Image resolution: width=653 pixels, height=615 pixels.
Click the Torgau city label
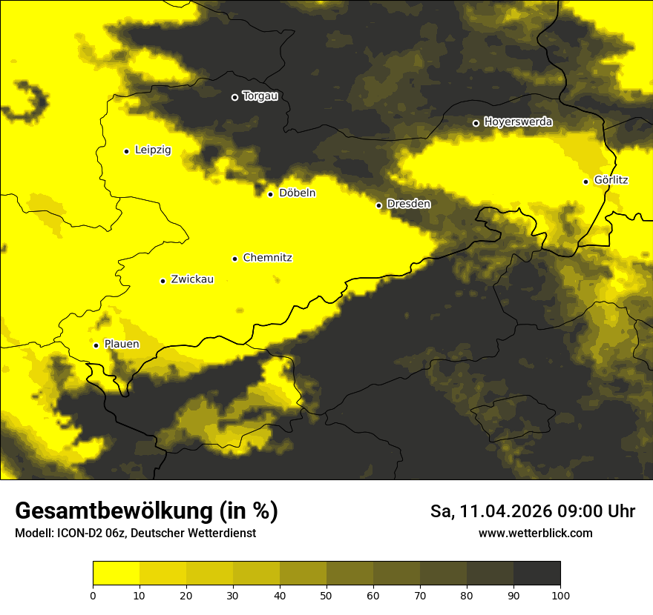(x=260, y=96)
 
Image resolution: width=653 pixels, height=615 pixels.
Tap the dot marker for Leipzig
(x=127, y=151)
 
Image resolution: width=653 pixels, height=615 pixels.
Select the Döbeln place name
(x=297, y=193)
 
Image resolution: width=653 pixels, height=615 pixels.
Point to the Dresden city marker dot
(x=379, y=205)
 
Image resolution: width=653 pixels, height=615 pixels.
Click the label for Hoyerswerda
(x=518, y=122)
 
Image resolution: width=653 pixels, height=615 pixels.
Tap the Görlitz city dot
(x=586, y=182)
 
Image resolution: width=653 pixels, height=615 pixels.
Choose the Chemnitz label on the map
(x=267, y=258)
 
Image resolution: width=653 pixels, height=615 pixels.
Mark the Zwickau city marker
(x=163, y=281)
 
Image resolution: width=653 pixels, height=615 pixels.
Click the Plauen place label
(x=121, y=345)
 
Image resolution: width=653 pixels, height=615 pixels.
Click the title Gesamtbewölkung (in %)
(x=146, y=511)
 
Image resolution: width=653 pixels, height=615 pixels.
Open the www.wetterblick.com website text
(x=535, y=533)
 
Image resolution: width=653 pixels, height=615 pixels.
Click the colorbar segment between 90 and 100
(x=536, y=573)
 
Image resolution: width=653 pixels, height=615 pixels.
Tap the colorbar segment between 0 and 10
(x=116, y=573)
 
